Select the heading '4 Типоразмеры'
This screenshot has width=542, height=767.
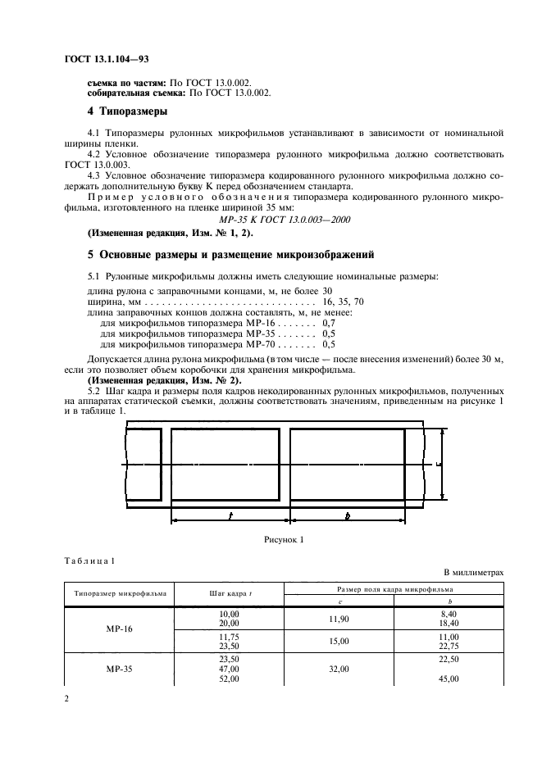pyautogui.click(x=128, y=110)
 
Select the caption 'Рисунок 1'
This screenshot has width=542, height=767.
pyautogui.click(x=284, y=539)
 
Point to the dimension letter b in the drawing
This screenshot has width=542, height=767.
pyautogui.click(x=347, y=516)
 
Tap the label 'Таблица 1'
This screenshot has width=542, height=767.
pyautogui.click(x=89, y=560)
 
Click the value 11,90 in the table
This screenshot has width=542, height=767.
pyautogui.click(x=339, y=619)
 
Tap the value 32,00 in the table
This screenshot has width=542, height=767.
pyautogui.click(x=339, y=669)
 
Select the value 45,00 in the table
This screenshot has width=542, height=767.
pyautogui.click(x=449, y=679)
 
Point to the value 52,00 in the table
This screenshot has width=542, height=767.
pyautogui.click(x=229, y=679)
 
